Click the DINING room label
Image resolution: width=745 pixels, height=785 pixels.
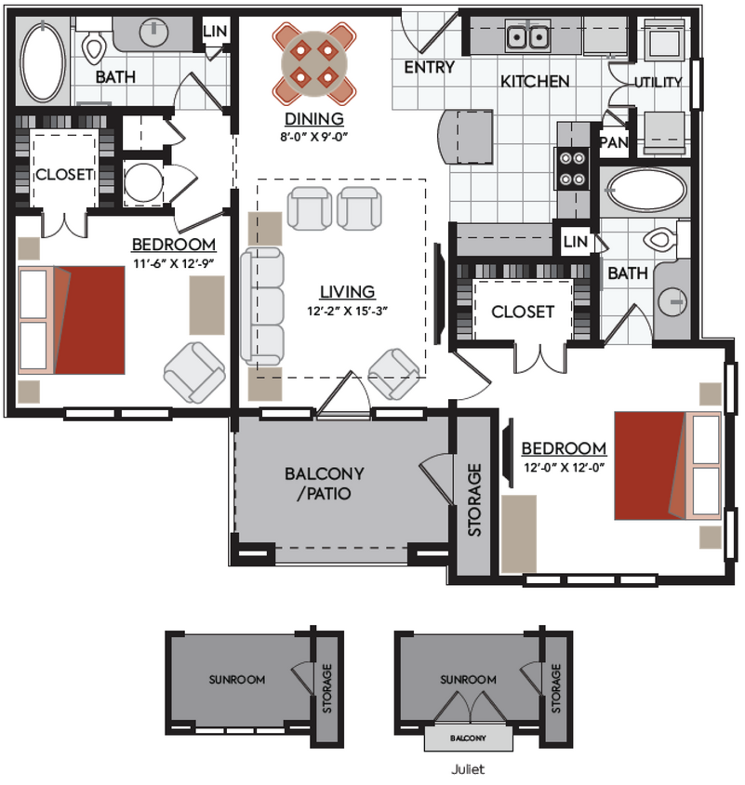[313, 119]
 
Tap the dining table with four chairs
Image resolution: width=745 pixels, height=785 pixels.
[313, 62]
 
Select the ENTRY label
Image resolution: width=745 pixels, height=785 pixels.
[429, 67]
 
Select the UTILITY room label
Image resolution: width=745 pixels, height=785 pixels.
[658, 83]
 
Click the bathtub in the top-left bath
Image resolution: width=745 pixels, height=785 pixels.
[41, 62]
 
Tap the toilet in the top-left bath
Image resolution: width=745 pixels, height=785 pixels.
[95, 46]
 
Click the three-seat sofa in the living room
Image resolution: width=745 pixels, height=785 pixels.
[262, 306]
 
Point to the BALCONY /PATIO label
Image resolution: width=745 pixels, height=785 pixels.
[323, 484]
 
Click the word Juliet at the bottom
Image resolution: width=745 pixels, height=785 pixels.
[468, 770]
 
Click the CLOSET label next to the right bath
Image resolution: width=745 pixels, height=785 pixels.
[523, 313]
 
